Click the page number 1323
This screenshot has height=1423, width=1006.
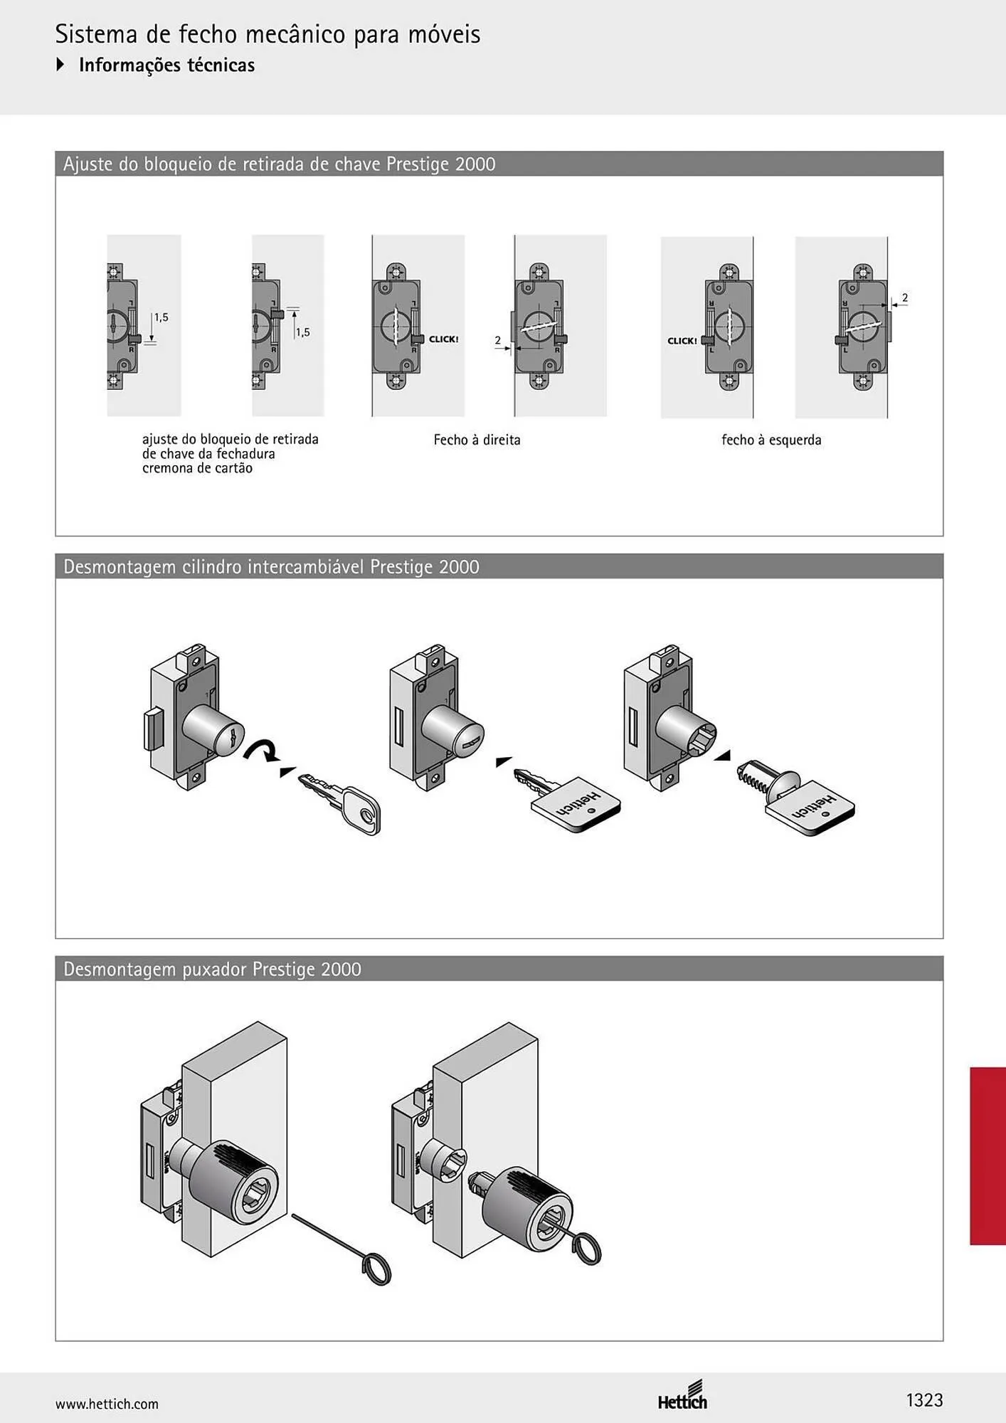pyautogui.click(x=924, y=1400)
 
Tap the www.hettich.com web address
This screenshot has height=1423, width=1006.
pyautogui.click(x=107, y=1404)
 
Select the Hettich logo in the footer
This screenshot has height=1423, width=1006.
pyautogui.click(x=682, y=1395)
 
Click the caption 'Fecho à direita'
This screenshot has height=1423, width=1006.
pyautogui.click(x=477, y=440)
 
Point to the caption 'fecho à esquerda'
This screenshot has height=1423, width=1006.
pyautogui.click(x=771, y=440)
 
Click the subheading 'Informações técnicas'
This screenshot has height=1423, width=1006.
pyautogui.click(x=166, y=65)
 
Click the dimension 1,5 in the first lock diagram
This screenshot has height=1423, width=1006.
pyautogui.click(x=162, y=317)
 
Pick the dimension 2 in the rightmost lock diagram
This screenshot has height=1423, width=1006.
pyautogui.click(x=904, y=298)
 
